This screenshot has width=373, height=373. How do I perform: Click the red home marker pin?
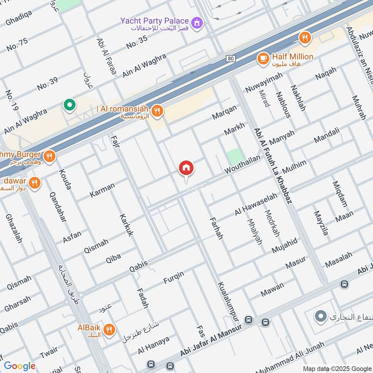point(186,168)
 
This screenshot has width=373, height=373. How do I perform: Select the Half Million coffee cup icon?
point(263,58)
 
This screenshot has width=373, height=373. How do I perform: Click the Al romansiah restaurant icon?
point(158,111)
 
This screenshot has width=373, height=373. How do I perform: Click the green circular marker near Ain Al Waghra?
point(69,105)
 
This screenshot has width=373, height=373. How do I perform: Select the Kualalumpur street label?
point(228,300)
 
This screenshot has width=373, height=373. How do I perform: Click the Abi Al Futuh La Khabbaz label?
point(273,166)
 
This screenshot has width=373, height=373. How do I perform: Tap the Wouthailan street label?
point(242,166)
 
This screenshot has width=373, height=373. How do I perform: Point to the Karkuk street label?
point(126,225)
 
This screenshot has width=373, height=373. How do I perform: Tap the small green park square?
point(235,156)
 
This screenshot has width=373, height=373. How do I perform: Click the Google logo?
point(20,366)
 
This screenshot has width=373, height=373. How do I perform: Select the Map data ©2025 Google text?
point(336,368)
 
